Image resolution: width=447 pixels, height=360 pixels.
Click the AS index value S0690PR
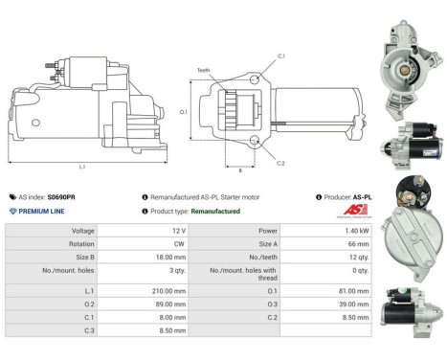tap(60, 196)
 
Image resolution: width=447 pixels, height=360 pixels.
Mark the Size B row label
tap(83, 258)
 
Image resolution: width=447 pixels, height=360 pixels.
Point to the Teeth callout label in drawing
tap(204, 70)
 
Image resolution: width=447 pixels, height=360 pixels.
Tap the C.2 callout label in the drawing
tap(280, 163)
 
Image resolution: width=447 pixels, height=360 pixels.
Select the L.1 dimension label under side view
tap(81, 168)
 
